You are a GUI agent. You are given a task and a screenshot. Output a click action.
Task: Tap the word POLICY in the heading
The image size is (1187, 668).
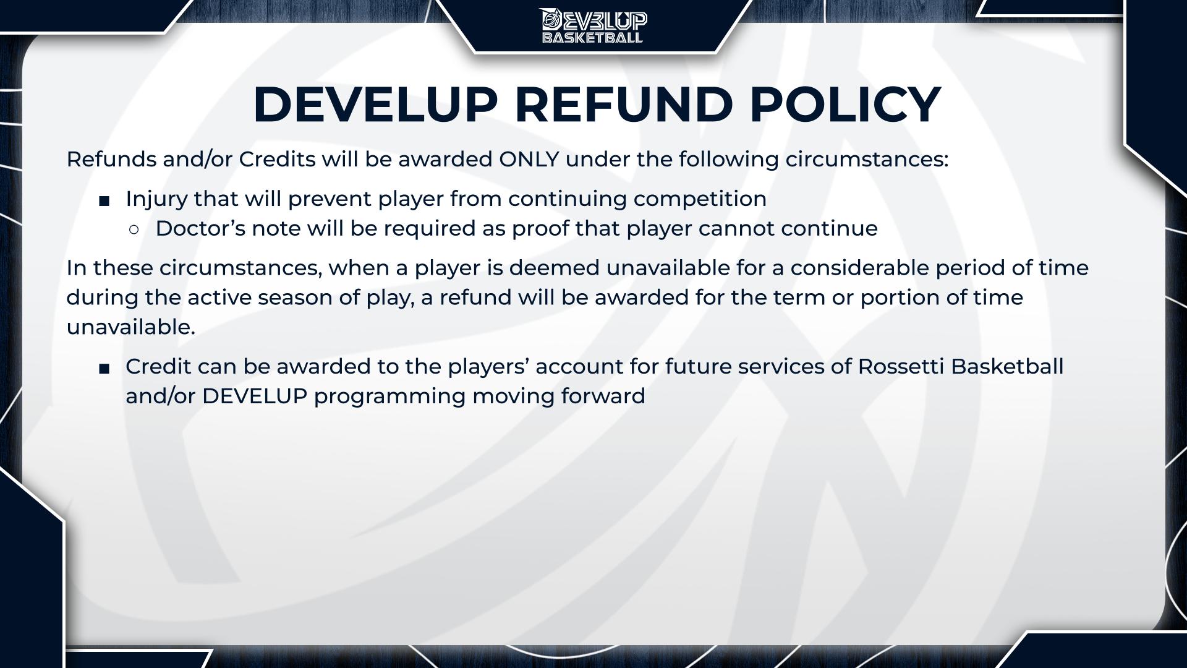(845, 104)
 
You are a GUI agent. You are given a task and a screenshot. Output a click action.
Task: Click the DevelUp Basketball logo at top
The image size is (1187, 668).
(593, 25)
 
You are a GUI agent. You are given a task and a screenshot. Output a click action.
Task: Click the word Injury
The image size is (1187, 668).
(156, 199)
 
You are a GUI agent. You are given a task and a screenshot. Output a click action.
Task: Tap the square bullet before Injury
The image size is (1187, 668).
(104, 201)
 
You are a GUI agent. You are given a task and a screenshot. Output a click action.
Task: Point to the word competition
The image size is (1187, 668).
(700, 199)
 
